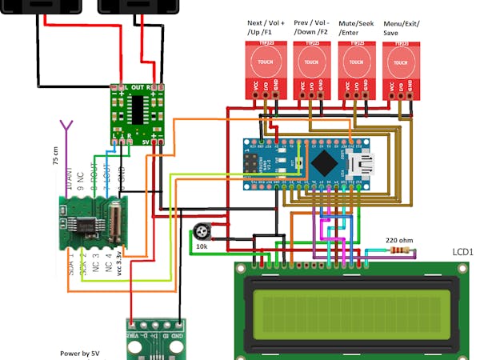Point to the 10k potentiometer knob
[x=202, y=233]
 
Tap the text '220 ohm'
[x=398, y=238]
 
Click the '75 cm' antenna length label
[x=55, y=155]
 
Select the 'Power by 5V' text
[x=80, y=352]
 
